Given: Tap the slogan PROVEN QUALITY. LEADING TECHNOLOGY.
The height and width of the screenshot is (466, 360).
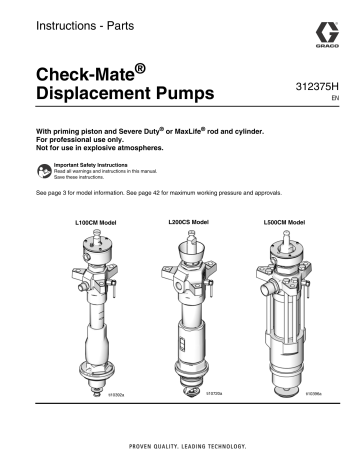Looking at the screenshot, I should (x=180, y=442).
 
